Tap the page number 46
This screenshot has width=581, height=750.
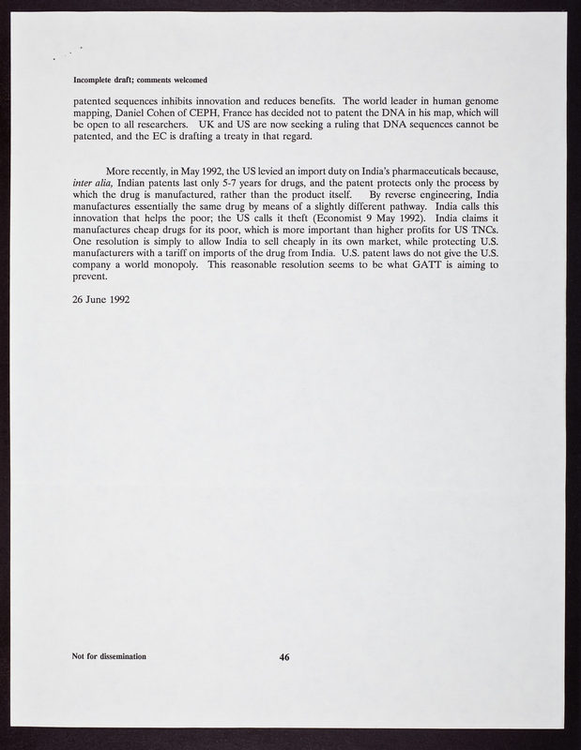(x=284, y=657)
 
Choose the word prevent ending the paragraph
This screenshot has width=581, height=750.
(x=91, y=277)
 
